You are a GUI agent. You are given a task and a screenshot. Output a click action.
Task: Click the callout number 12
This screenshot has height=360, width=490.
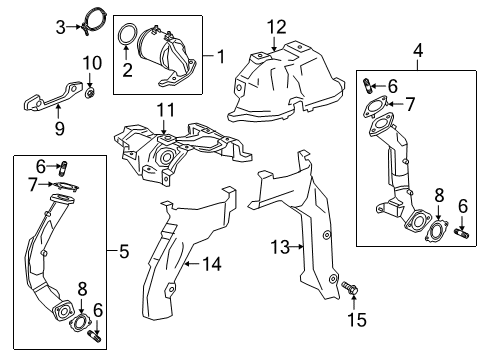click(x=275, y=25)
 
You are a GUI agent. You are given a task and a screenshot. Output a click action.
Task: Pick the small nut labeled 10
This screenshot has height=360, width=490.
click(x=90, y=95)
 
